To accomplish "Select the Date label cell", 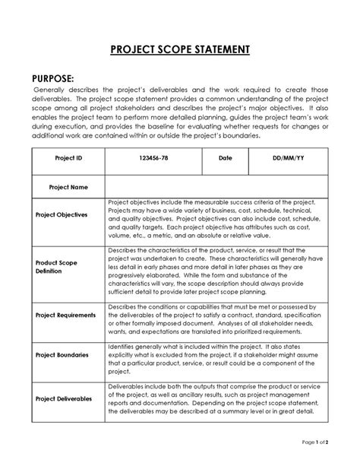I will click(225, 159).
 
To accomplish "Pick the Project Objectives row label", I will click(62, 215).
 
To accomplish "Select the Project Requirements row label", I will click(66, 315).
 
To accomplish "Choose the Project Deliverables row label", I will click(65, 398).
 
